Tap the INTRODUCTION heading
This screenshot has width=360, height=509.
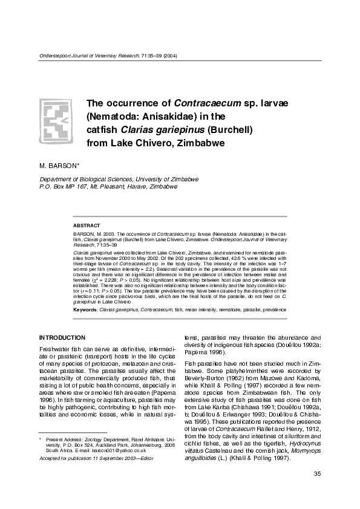point(62,337)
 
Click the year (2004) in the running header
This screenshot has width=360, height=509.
point(170,56)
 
